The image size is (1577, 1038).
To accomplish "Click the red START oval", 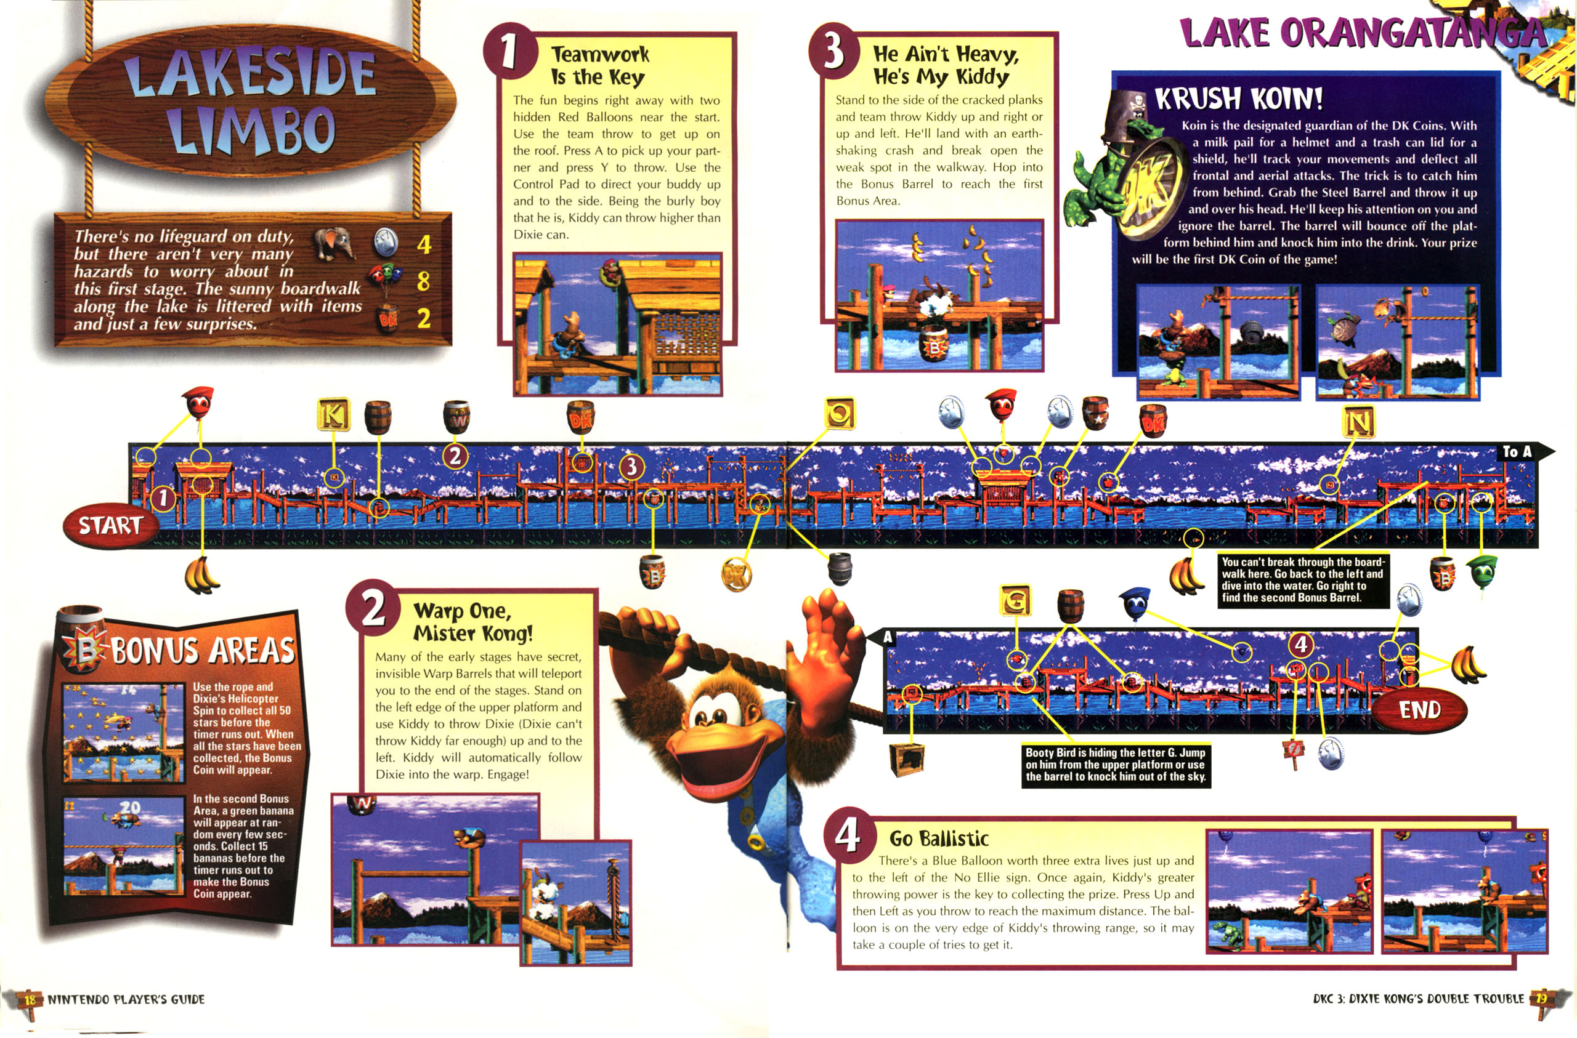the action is pyautogui.click(x=111, y=525).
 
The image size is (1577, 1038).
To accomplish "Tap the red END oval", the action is pyautogui.click(x=1419, y=709).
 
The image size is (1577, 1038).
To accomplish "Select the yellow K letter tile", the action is pyautogui.click(x=333, y=416).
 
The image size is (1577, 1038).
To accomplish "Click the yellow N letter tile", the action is pyautogui.click(x=1358, y=422).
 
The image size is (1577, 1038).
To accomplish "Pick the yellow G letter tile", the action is pyautogui.click(x=1015, y=600).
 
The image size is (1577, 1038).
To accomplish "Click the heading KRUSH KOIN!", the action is pyautogui.click(x=1239, y=99).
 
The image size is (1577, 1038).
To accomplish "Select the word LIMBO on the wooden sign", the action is pyautogui.click(x=251, y=130).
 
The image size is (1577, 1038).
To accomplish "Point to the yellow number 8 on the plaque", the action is pyautogui.click(x=423, y=281).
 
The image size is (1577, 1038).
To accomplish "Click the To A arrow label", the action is pyautogui.click(x=1525, y=452).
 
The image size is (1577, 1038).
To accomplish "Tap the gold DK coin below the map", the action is pyautogui.click(x=736, y=574).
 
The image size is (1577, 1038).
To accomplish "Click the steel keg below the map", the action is pyautogui.click(x=840, y=568).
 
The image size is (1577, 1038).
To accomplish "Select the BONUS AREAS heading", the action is pyautogui.click(x=203, y=649).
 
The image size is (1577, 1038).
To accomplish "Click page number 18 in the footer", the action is pyautogui.click(x=30, y=999).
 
